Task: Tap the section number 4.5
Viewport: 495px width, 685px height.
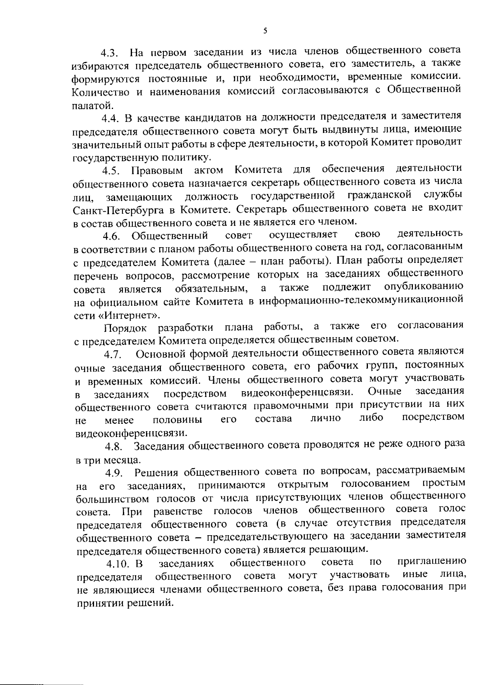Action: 112,170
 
